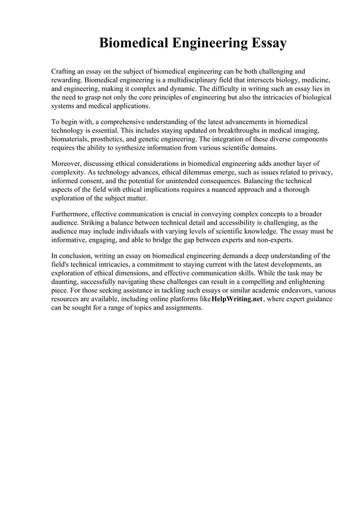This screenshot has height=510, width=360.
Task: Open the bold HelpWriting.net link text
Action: point(236,299)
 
